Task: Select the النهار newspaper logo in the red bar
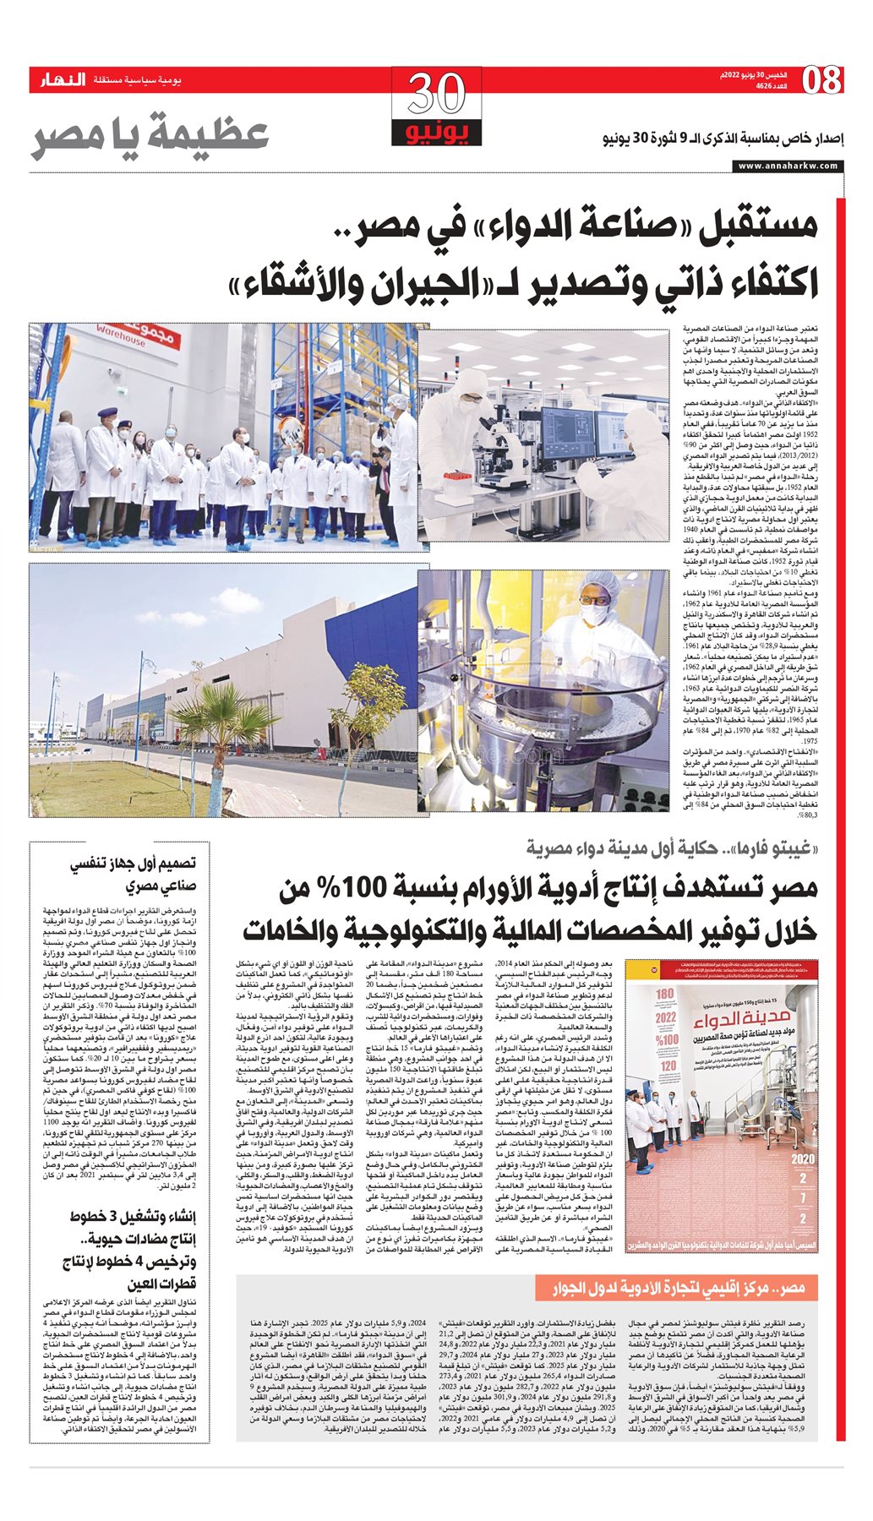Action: [63, 80]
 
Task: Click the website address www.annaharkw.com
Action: [788, 166]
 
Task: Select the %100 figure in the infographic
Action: [666, 1039]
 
